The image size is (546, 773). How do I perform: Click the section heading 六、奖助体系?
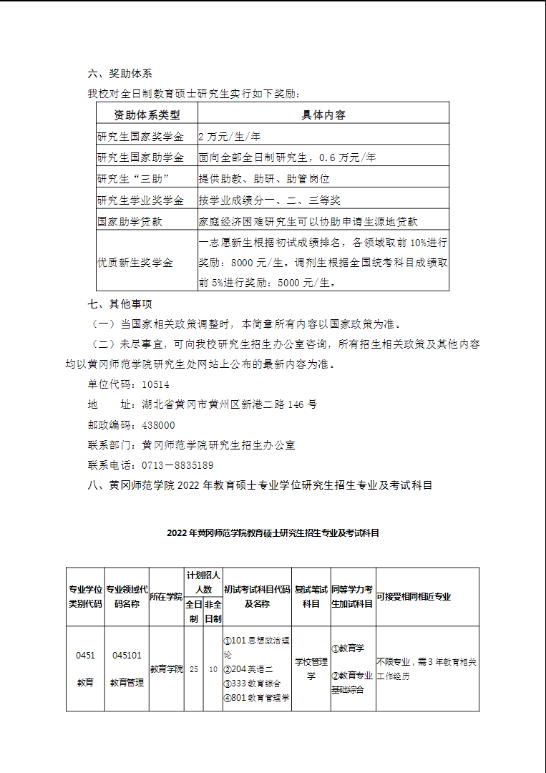[x=120, y=74]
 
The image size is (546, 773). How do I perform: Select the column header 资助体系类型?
[x=147, y=115]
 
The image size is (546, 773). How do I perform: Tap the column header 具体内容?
[x=323, y=115]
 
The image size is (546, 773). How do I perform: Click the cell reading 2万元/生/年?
[x=230, y=136]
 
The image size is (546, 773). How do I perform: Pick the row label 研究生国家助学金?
[x=140, y=157]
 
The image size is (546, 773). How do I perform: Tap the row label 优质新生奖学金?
[x=135, y=263]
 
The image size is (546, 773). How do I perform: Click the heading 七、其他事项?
[x=120, y=304]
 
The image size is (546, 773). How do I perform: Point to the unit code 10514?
[x=156, y=384]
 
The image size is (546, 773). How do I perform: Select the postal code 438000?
[x=158, y=425]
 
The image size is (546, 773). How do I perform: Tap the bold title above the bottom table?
[x=273, y=533]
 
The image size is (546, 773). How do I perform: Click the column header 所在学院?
[x=166, y=597]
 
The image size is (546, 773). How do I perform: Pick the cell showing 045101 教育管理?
[x=127, y=669]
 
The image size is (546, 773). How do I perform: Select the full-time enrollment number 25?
[x=194, y=669]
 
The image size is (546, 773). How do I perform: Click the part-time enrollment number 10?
[x=213, y=669]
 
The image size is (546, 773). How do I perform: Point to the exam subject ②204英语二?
[x=243, y=669]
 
